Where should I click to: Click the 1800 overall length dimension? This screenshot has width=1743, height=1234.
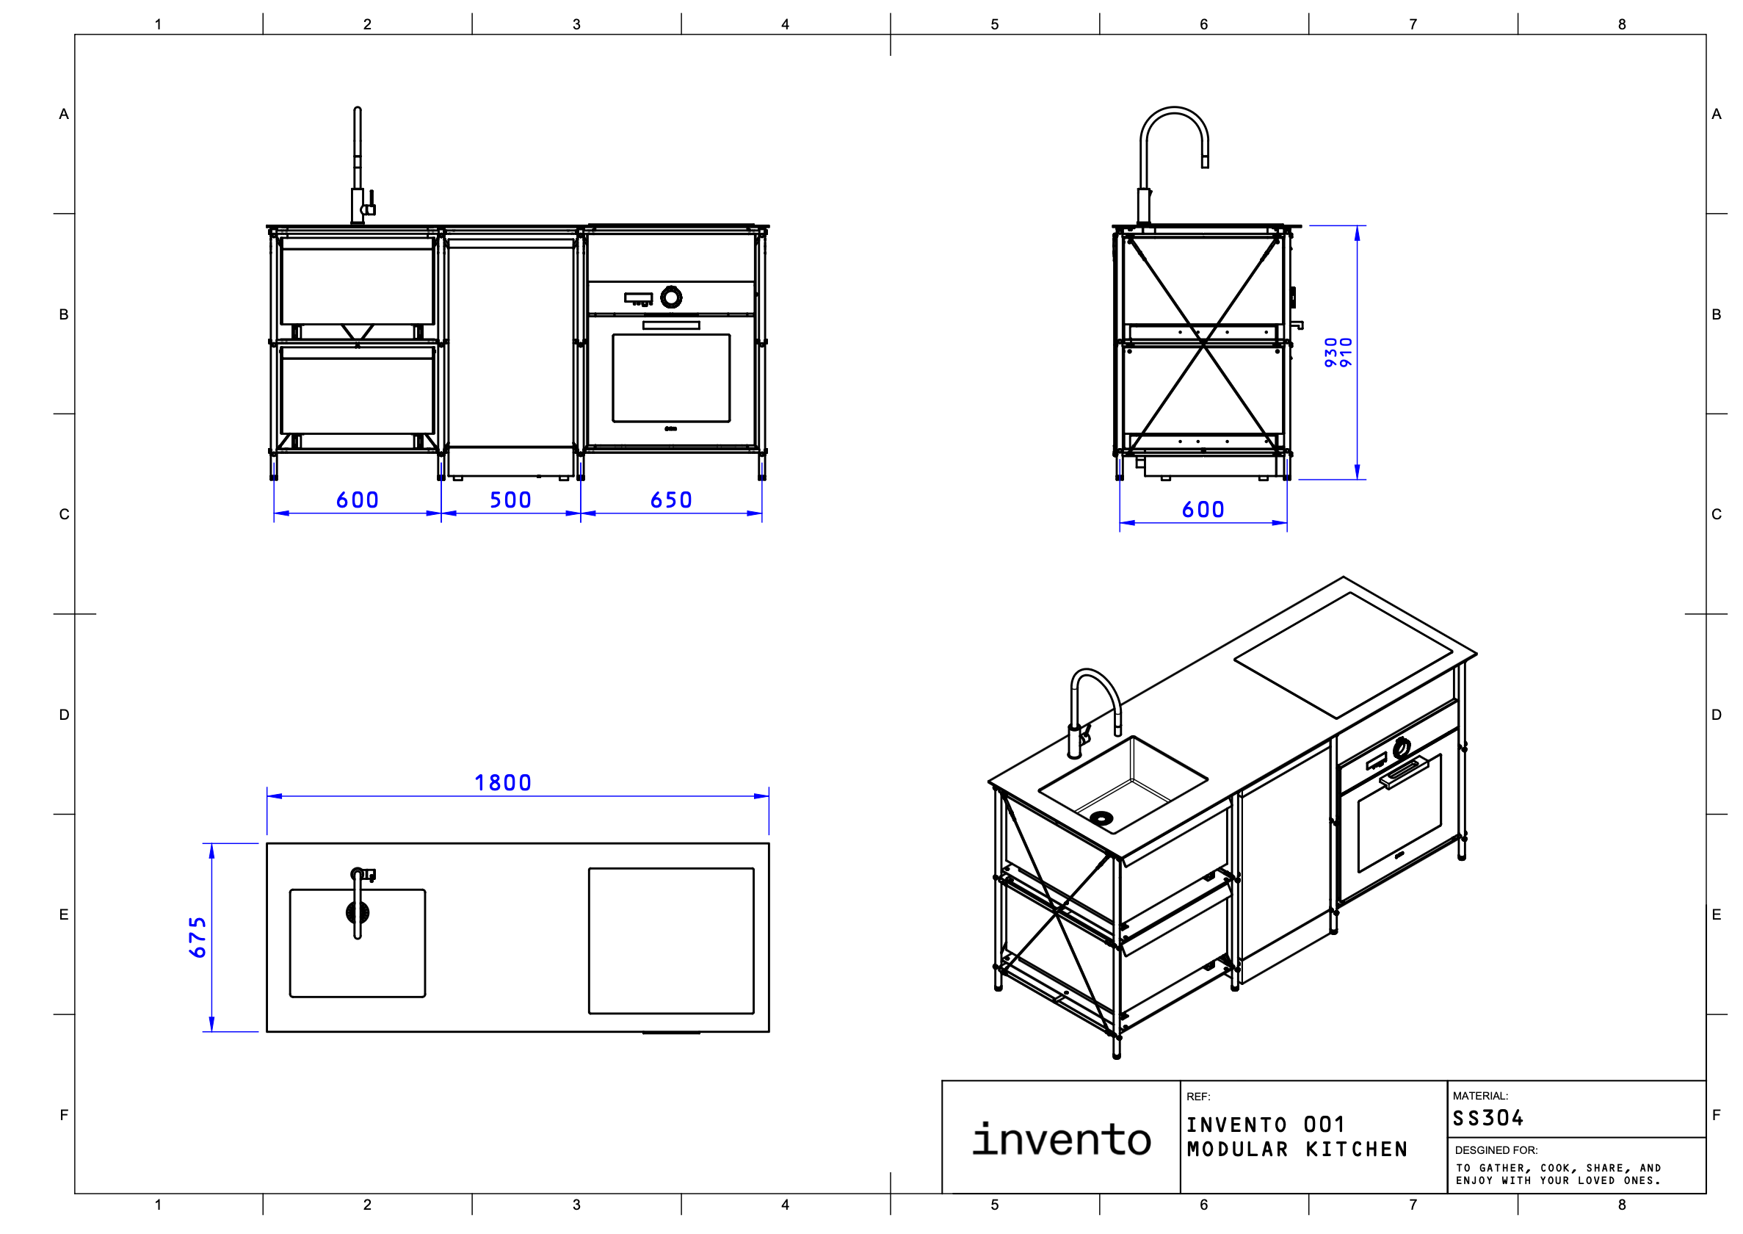pos(502,783)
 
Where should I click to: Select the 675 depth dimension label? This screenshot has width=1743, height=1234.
pos(198,937)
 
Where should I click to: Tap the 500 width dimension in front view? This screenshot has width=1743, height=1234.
pos(510,500)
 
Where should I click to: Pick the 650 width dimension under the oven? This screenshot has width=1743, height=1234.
pos(670,500)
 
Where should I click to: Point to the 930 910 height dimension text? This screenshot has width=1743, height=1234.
pos(1338,353)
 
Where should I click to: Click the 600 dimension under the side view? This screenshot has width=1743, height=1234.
pos(1203,510)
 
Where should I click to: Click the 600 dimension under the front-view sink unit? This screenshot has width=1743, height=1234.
pos(357,500)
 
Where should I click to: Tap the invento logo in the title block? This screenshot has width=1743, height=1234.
pos(1061,1139)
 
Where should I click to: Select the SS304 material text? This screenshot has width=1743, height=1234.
pos(1487,1119)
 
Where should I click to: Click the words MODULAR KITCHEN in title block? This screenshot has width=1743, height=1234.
pos(1297,1150)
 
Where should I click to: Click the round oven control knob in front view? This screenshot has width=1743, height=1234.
pos(670,297)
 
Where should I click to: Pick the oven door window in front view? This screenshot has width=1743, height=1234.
pos(670,378)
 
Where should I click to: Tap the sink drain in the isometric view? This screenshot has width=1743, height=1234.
pos(1101,818)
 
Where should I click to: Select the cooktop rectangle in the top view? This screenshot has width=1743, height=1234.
pos(670,941)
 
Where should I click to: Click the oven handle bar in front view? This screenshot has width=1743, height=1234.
pos(670,325)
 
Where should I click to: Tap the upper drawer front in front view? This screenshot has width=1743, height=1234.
pos(357,285)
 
